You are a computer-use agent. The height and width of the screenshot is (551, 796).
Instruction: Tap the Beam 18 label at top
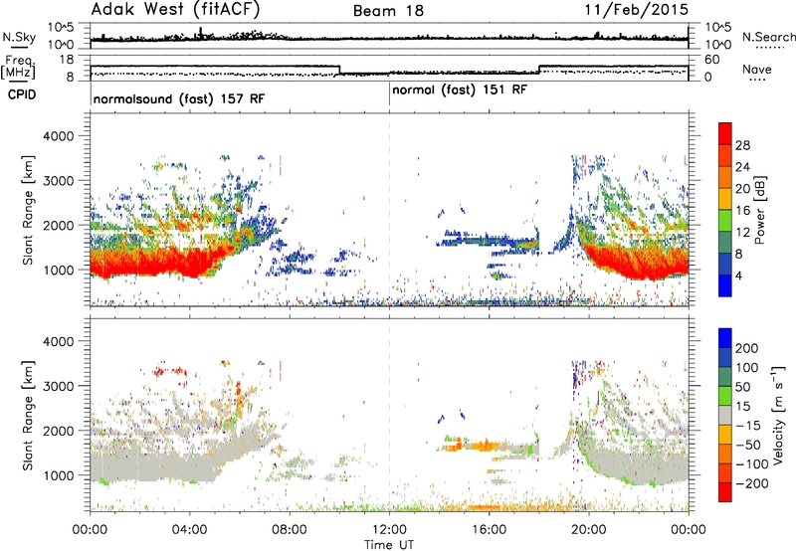[x=388, y=11]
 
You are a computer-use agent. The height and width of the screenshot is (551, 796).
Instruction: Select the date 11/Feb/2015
[x=637, y=9]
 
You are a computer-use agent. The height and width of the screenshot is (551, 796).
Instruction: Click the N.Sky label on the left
[x=19, y=37]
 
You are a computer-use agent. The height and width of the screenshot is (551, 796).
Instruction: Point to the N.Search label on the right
[x=768, y=37]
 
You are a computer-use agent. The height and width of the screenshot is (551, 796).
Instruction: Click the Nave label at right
[x=757, y=69]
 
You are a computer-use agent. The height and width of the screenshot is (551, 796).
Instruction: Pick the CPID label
[x=22, y=94]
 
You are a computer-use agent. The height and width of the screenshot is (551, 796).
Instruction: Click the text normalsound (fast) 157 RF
[x=179, y=98]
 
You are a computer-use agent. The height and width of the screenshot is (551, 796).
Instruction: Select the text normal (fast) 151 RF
[x=460, y=91]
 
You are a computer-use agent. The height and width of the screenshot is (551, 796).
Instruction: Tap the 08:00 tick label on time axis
[x=290, y=530]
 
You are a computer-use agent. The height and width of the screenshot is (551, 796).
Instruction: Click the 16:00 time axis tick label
[x=489, y=530]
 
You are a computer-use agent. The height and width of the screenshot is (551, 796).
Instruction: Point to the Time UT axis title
[x=389, y=545]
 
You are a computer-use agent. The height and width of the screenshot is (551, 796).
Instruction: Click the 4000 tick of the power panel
[x=58, y=136]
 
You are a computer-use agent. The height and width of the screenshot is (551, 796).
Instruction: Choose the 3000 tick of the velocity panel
[x=58, y=386]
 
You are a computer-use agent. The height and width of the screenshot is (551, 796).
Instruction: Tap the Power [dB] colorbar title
[x=759, y=210]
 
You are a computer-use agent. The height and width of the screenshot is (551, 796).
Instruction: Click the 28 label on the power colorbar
[x=742, y=145]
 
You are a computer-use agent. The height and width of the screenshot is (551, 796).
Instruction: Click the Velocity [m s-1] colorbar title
[x=778, y=415]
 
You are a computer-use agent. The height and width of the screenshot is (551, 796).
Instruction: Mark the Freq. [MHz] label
[x=18, y=68]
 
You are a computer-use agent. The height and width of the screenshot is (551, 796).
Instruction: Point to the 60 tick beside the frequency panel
[x=711, y=60]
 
